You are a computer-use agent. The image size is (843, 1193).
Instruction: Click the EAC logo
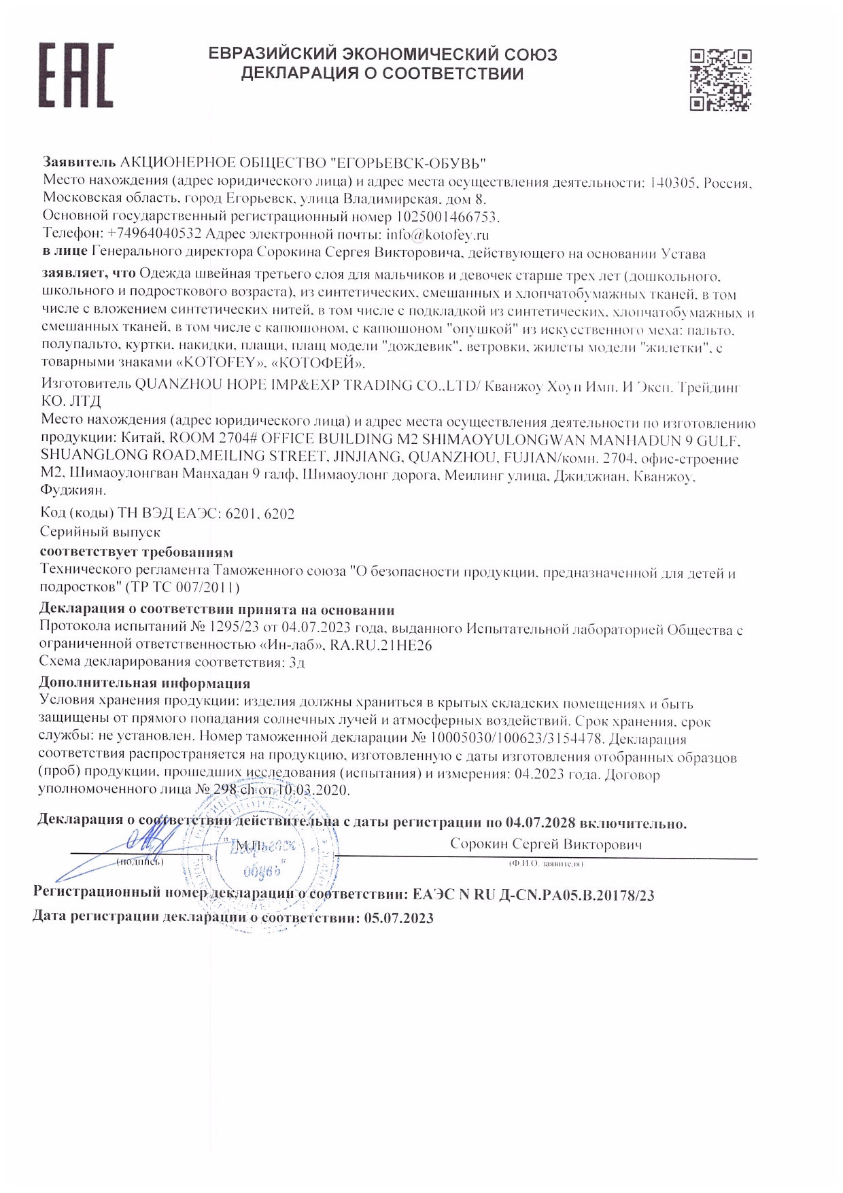(x=75, y=75)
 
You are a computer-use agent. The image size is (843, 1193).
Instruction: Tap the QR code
(x=720, y=80)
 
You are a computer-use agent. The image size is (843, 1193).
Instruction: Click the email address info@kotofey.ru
(x=438, y=235)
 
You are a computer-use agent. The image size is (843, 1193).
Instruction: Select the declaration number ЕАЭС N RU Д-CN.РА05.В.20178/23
(x=533, y=895)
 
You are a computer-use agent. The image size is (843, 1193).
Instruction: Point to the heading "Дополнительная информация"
(x=144, y=683)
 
